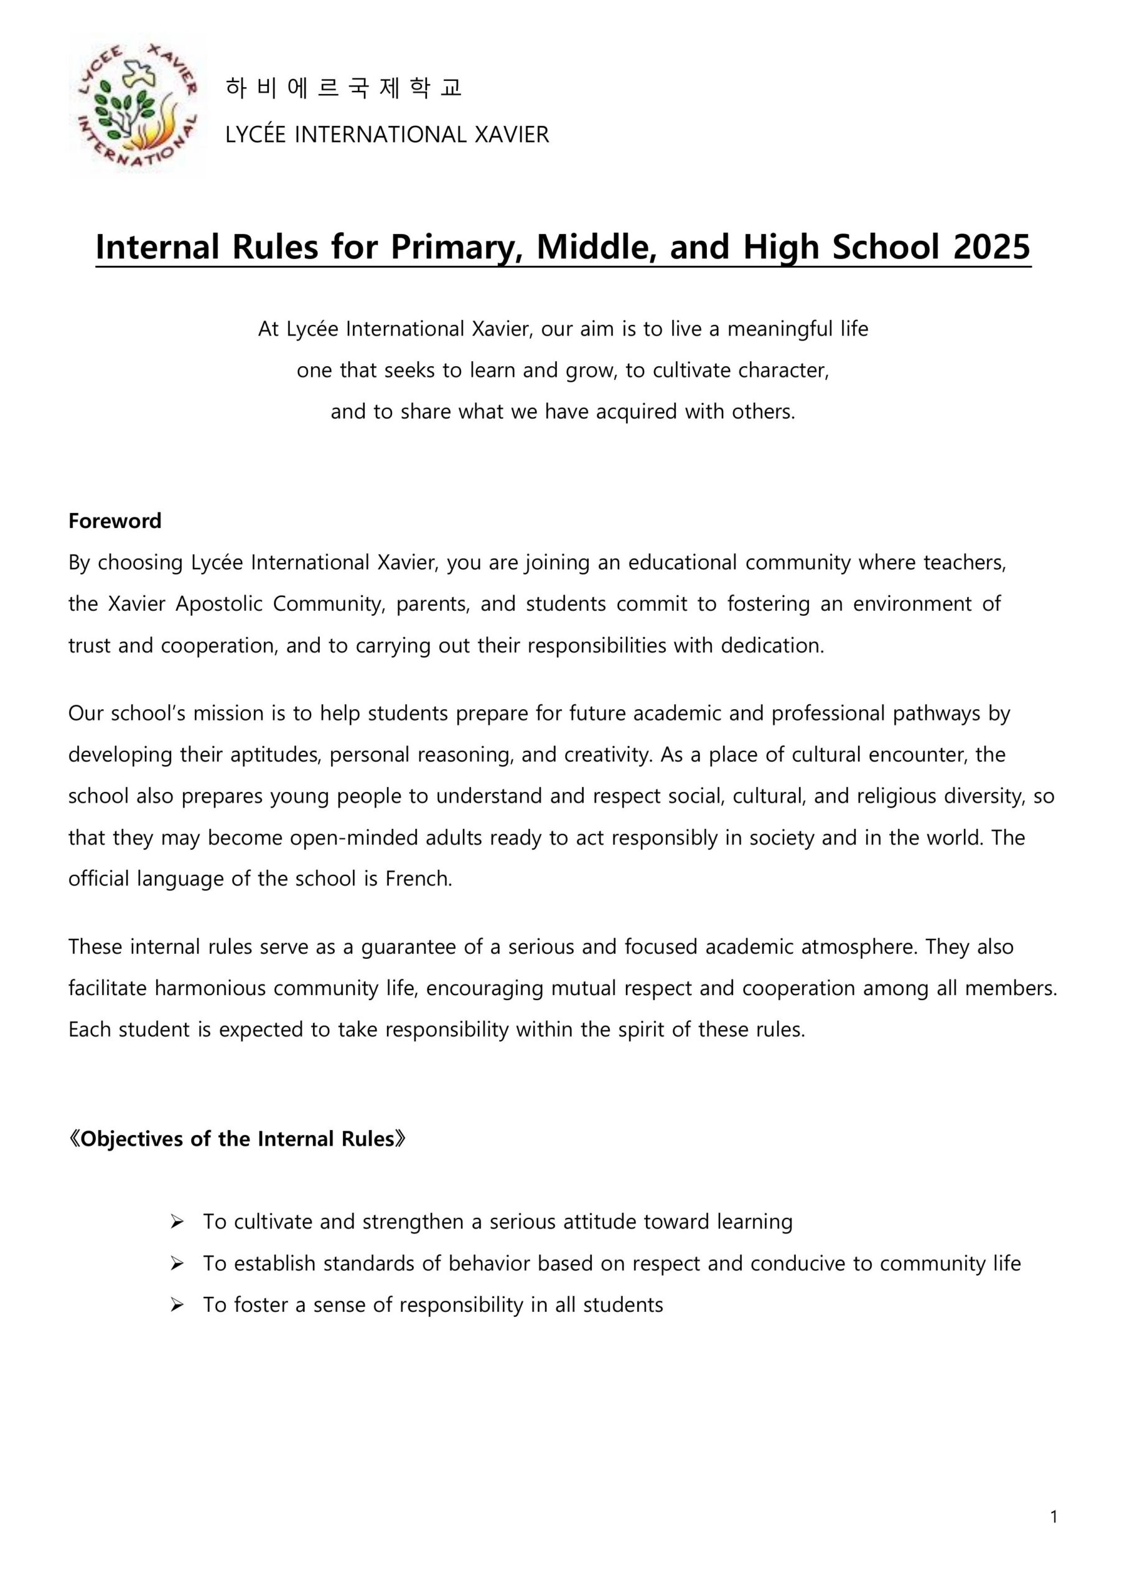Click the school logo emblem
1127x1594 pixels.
tap(137, 107)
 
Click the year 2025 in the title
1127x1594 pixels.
tap(992, 247)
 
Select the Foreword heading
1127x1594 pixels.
tap(115, 521)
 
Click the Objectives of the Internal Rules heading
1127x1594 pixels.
tap(236, 1139)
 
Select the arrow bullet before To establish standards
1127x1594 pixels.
tap(177, 1263)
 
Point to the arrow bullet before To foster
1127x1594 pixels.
tap(177, 1305)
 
